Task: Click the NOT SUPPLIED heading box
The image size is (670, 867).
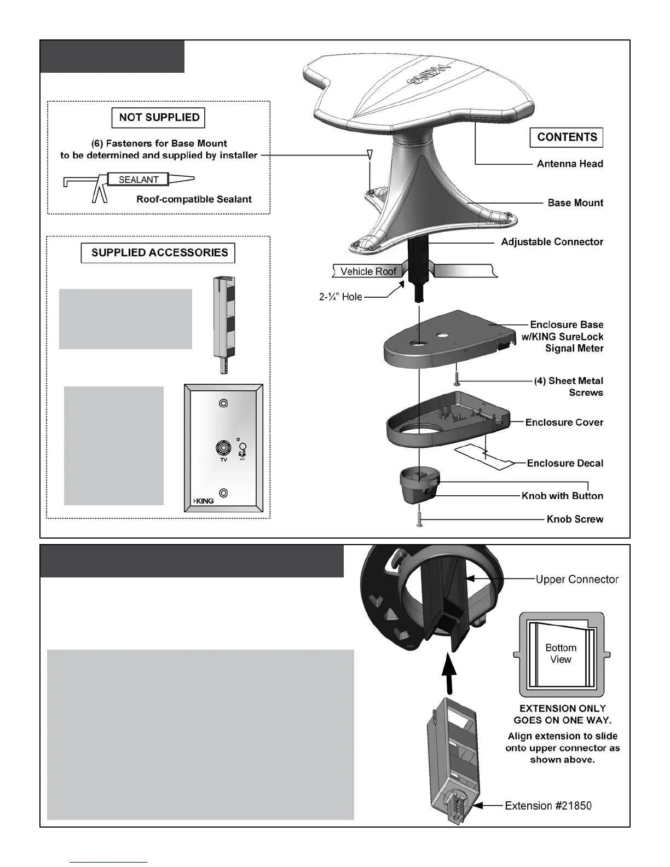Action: coord(159,118)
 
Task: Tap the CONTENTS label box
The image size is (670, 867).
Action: coord(567,137)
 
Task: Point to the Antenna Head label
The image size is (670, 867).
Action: coord(569,164)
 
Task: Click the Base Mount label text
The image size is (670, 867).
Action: coord(575,203)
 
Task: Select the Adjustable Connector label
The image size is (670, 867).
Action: coord(552,242)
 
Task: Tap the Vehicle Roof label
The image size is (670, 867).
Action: coord(368,271)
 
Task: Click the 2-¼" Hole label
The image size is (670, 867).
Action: coord(340,297)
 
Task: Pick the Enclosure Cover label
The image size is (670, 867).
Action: coord(564,423)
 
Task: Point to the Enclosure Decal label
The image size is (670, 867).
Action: coord(564,464)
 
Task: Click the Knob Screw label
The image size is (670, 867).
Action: coord(575,519)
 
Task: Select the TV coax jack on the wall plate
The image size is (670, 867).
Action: coord(223,449)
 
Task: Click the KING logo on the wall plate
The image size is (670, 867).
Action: coord(204,500)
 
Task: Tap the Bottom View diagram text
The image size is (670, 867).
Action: coord(561,654)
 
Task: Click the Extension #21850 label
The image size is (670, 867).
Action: coord(547,806)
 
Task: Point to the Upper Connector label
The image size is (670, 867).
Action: coord(576,580)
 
